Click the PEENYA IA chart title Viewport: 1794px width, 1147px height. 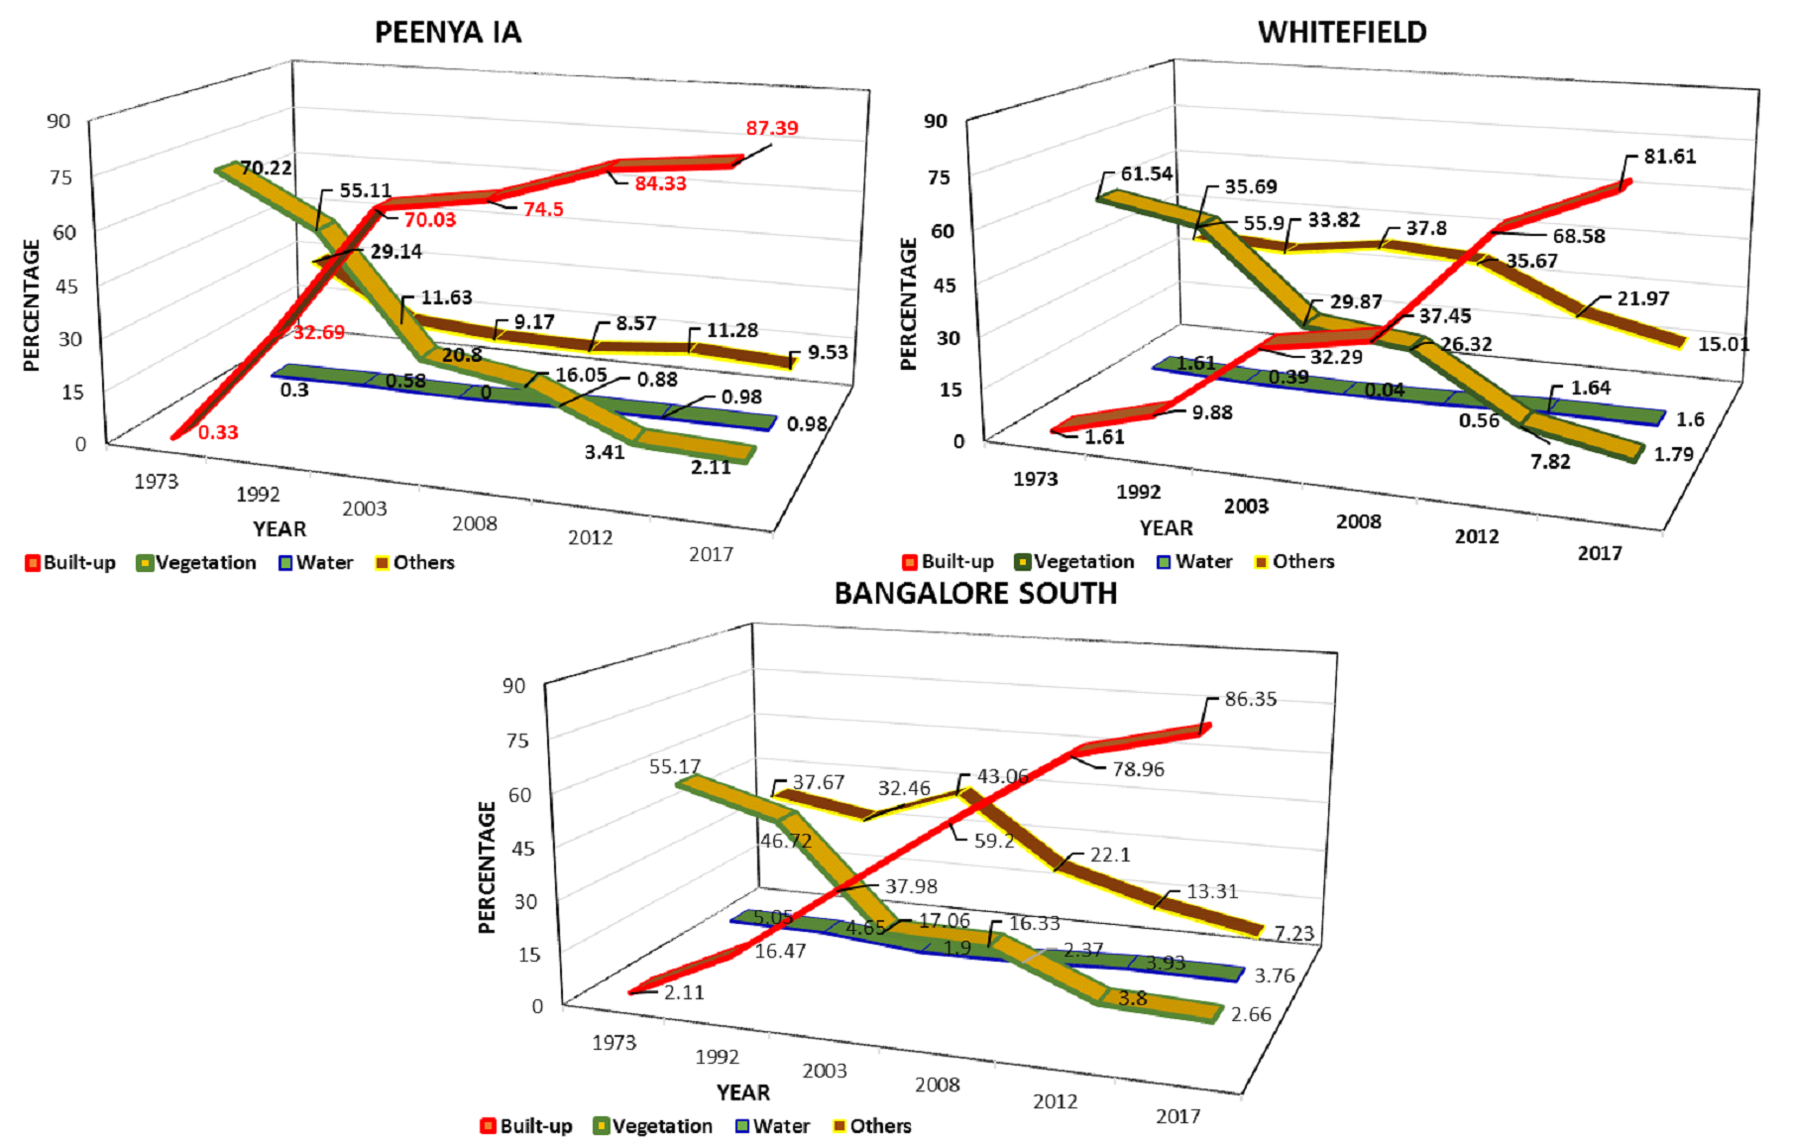point(447,33)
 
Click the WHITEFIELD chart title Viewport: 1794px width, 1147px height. point(1342,33)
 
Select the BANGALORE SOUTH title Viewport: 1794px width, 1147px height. point(975,594)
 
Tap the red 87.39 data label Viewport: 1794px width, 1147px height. point(772,128)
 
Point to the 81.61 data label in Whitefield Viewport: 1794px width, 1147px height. point(1669,157)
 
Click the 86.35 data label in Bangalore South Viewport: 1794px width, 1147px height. point(1250,699)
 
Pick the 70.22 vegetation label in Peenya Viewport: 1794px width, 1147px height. point(267,168)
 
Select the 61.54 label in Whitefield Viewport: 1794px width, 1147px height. point(1146,173)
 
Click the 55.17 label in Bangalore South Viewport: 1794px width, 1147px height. point(675,766)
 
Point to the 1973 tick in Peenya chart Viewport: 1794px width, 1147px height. point(156,482)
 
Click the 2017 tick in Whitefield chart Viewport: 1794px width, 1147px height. point(1599,553)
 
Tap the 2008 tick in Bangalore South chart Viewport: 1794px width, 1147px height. point(937,1085)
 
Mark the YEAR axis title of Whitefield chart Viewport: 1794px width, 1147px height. point(1166,528)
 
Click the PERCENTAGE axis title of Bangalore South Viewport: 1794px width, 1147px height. point(487,867)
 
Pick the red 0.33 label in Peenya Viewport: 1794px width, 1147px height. point(217,432)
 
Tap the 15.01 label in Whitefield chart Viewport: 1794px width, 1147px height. point(1723,344)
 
